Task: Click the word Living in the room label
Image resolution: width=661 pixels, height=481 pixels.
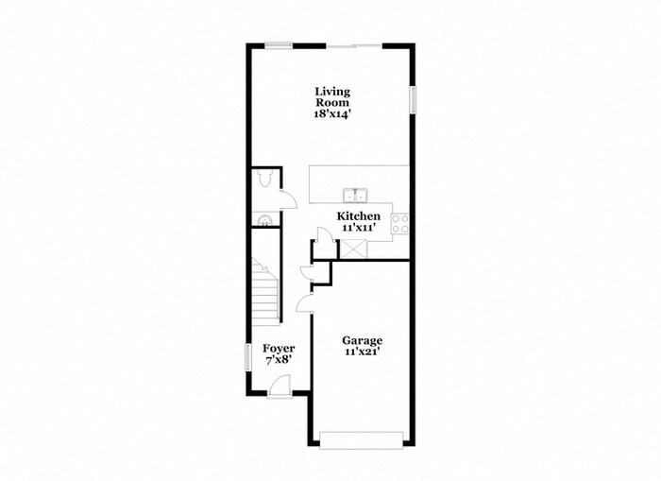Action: point(332,92)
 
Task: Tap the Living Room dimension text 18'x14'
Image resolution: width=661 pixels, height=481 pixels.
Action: point(332,113)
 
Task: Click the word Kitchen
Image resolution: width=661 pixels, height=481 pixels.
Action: point(360,216)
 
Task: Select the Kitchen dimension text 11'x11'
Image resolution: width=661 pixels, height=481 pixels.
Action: point(360,228)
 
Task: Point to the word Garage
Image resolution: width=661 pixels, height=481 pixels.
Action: point(363,340)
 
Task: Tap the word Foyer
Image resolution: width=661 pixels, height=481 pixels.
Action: point(279,349)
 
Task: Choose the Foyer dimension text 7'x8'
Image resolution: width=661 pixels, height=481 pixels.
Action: point(279,360)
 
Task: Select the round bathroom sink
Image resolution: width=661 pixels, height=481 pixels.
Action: point(264,220)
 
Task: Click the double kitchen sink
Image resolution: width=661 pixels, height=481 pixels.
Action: point(356,195)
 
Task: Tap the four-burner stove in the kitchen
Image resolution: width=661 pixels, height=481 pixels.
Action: point(400,223)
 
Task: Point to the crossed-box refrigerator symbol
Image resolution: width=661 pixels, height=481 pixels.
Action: point(356,249)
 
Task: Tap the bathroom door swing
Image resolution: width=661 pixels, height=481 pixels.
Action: point(290,199)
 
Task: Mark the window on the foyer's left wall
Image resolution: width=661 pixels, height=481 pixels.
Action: point(248,358)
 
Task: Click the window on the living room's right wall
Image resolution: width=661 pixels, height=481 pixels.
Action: point(412,100)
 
